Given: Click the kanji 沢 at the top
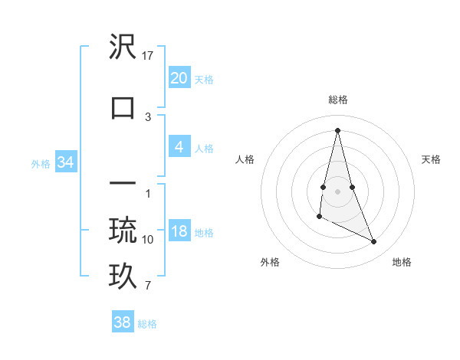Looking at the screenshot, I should coord(123,48).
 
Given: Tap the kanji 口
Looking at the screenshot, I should coord(123,107).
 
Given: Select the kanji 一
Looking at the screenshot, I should coord(123,185).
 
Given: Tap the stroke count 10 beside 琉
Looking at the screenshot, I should coord(148,240).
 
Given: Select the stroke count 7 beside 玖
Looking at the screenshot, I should coord(148,286).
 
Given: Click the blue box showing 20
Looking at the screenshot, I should coord(179,78).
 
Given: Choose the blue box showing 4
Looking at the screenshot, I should coord(179,148).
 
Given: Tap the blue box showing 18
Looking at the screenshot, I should coord(179,232).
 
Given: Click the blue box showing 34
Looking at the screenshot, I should coord(65,162).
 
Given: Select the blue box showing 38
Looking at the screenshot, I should coord(123,322).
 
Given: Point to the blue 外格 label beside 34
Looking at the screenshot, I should coord(41,163).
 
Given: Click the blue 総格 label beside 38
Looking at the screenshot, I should coord(147,324).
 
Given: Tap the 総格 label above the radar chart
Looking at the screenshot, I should coord(338,100).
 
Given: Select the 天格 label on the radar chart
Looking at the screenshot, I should coord(432,159).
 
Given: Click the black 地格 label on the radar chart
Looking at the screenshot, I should coord(402,262).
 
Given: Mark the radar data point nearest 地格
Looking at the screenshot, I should coord(374,242).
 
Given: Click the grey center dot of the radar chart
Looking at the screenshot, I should coord(338,191).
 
